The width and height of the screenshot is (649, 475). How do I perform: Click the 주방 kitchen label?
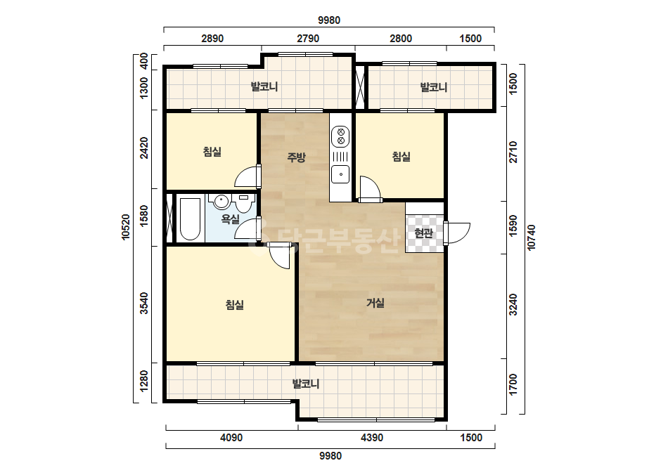[x=296, y=157]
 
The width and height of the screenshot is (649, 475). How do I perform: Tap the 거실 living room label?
[x=375, y=303]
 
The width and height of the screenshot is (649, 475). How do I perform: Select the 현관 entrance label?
[x=423, y=233]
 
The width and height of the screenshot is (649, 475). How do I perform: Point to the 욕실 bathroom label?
[x=231, y=219]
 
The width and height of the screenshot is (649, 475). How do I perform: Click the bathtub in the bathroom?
[x=191, y=219]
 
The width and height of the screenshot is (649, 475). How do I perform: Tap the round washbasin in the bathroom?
[x=221, y=202]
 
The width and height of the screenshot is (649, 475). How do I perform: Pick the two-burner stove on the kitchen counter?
[x=340, y=137]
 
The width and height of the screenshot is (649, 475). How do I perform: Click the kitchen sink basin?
[x=340, y=174]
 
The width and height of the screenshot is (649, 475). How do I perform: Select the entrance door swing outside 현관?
[x=457, y=233]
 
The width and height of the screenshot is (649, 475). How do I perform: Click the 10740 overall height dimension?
[x=532, y=237]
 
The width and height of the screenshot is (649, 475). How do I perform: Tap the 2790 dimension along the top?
[x=308, y=39]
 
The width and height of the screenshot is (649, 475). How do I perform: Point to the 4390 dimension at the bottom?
[x=372, y=437]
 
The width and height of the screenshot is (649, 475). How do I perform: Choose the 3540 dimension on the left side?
[x=143, y=304]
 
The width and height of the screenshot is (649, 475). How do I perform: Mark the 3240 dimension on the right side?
[x=513, y=304]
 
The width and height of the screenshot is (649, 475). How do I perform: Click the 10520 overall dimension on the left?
[x=126, y=227]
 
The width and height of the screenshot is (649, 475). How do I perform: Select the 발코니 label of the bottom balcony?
[x=305, y=384]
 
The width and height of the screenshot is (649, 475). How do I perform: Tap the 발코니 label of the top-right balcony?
[x=433, y=87]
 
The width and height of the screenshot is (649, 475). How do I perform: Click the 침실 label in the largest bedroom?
[x=234, y=305]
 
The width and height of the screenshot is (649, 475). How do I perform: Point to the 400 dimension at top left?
[x=143, y=61]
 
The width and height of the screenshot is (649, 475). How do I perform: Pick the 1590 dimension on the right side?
[x=513, y=226]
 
